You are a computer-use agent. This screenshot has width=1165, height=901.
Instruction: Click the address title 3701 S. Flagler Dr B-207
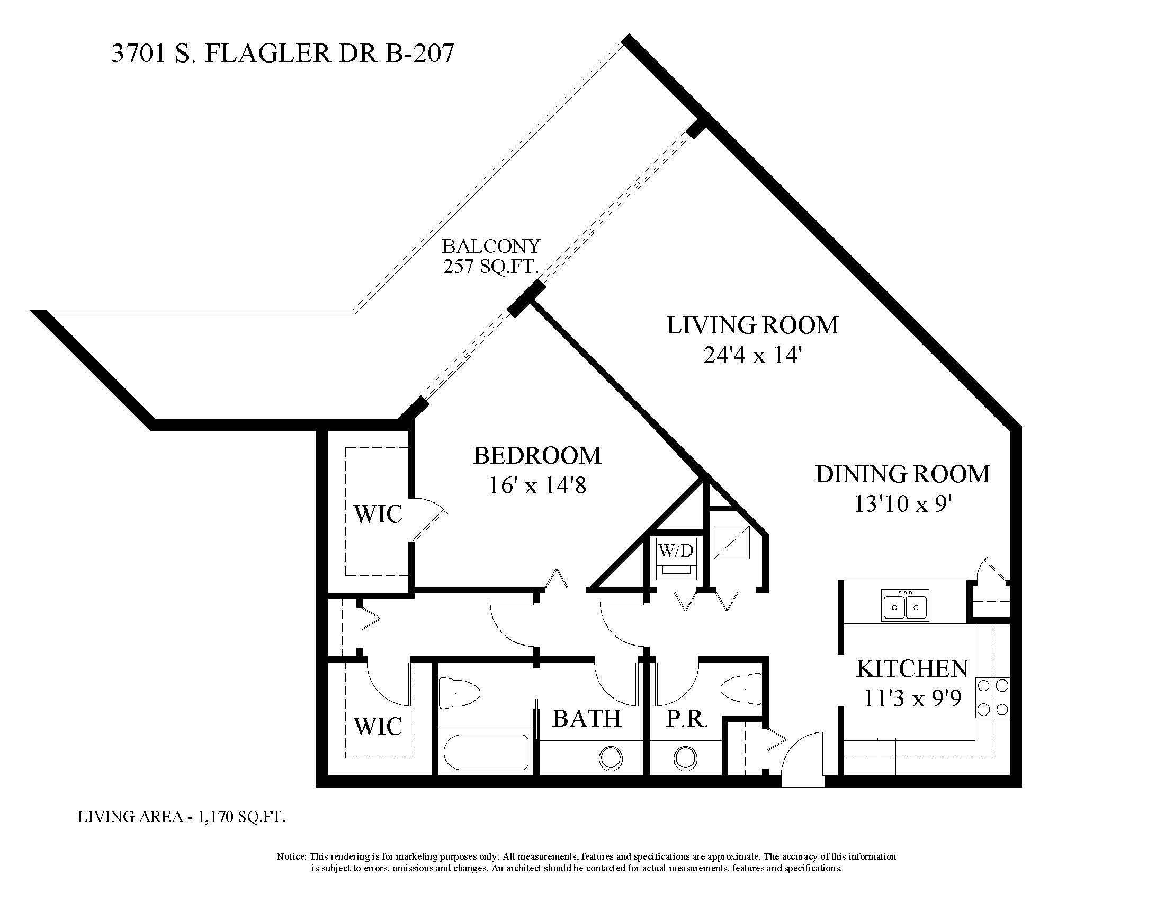(283, 54)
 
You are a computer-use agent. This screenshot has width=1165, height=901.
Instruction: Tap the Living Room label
(752, 325)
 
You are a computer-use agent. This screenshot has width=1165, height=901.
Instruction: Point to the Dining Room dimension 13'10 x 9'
(903, 503)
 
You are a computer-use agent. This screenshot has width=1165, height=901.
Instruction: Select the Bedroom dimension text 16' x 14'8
(537, 485)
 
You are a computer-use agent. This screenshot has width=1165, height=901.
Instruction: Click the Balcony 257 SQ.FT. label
(491, 255)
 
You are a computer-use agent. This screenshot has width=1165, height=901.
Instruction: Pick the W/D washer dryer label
(676, 550)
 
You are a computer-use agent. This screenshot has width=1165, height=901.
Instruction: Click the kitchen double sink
(905, 605)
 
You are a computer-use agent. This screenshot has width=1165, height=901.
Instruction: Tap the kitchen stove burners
(993, 697)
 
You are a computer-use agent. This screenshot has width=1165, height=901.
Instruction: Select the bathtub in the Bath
(487, 753)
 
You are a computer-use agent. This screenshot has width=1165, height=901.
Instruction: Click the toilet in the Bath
(459, 693)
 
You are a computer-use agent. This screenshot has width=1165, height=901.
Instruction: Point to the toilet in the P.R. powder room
(741, 689)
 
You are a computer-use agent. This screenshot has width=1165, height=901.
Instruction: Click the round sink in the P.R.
(685, 758)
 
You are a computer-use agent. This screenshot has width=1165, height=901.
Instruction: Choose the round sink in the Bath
(611, 758)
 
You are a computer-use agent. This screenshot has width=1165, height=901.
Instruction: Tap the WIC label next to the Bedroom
(378, 514)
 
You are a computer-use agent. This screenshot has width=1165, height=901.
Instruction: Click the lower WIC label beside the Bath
(378, 726)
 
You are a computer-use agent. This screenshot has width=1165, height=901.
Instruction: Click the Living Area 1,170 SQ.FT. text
(181, 817)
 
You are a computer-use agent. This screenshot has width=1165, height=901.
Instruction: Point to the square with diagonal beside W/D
(732, 543)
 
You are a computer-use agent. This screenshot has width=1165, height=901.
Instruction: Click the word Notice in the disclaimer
(291, 856)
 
